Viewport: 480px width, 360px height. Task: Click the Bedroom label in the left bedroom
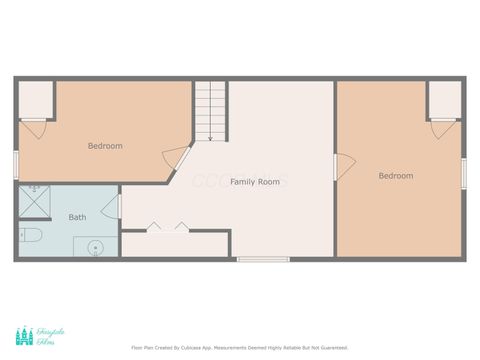coord(105,146)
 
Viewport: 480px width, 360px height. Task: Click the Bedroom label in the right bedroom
coord(395,176)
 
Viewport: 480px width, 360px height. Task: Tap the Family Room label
coord(255,182)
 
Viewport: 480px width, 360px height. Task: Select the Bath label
coord(77,217)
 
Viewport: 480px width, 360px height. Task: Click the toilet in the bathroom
coord(29,236)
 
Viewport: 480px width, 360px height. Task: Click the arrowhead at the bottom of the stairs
coord(211,139)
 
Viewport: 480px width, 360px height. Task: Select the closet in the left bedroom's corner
coord(35,99)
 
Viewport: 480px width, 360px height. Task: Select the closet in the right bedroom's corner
coord(444,99)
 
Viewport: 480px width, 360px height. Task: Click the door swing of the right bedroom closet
coord(443,128)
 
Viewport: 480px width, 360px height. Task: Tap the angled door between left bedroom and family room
coord(176,158)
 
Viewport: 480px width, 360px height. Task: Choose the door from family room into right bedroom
coord(343,167)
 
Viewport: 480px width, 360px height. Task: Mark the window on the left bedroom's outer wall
coord(16,164)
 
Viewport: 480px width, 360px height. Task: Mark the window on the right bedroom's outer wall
coord(464,172)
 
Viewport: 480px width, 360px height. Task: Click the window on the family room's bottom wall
coord(263,260)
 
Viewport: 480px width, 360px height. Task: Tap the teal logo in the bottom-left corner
coord(24,337)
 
